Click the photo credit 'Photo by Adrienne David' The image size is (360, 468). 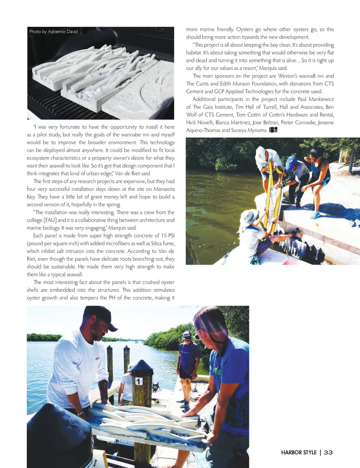[53, 32]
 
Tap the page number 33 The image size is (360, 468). [328, 453]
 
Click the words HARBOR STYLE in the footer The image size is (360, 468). [299, 453]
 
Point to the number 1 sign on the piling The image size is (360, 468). [139, 381]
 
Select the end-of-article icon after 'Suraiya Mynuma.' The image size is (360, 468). [274, 130]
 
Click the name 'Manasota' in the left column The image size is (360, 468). [164, 189]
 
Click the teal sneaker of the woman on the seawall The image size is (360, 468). [315, 215]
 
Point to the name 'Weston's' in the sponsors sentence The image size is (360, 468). [288, 76]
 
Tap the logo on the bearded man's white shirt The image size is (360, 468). [98, 359]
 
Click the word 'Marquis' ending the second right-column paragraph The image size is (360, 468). [268, 68]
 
